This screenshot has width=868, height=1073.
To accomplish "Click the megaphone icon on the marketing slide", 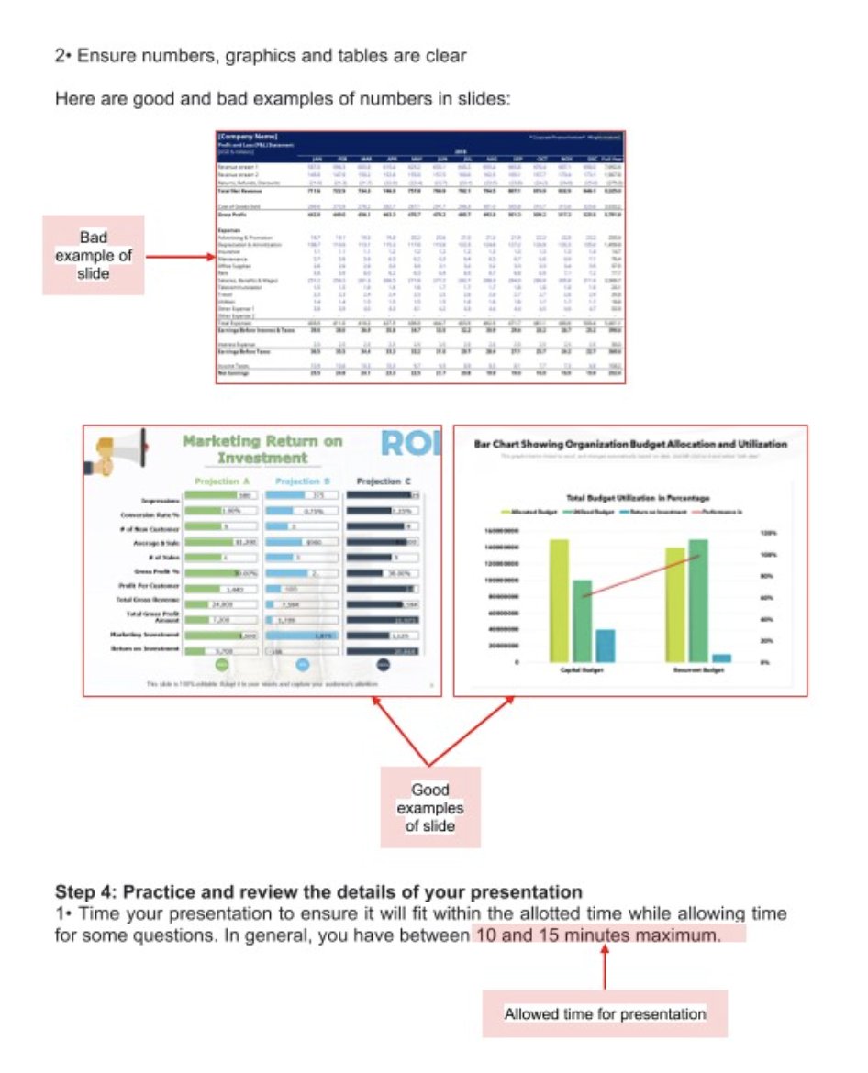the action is click(x=120, y=452).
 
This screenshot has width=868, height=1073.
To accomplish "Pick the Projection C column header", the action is click(x=383, y=481).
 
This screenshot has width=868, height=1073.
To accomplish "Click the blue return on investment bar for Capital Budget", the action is click(x=605, y=645).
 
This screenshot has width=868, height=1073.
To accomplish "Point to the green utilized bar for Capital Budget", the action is click(x=582, y=620).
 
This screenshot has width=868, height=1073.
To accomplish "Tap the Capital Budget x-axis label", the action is click(x=581, y=670).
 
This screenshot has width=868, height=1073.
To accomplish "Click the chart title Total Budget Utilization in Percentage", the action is click(x=631, y=497).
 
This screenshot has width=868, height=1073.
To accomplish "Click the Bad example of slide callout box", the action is click(x=94, y=255).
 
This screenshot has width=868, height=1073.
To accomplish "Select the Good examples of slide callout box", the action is click(x=430, y=807).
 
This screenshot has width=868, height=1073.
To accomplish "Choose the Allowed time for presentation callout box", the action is click(x=605, y=1013).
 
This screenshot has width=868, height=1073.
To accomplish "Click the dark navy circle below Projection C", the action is click(x=383, y=663).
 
